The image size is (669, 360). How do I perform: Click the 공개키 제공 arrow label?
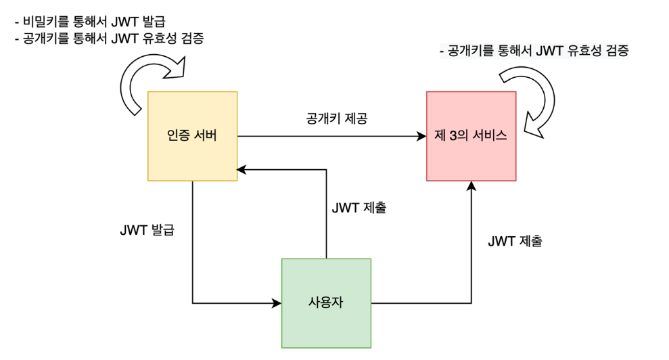click(332, 117)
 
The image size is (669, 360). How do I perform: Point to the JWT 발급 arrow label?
click(146, 229)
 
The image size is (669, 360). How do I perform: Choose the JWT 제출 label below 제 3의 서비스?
click(515, 240)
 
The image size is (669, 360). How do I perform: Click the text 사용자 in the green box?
click(326, 302)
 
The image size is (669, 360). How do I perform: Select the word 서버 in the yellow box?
click(205, 135)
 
